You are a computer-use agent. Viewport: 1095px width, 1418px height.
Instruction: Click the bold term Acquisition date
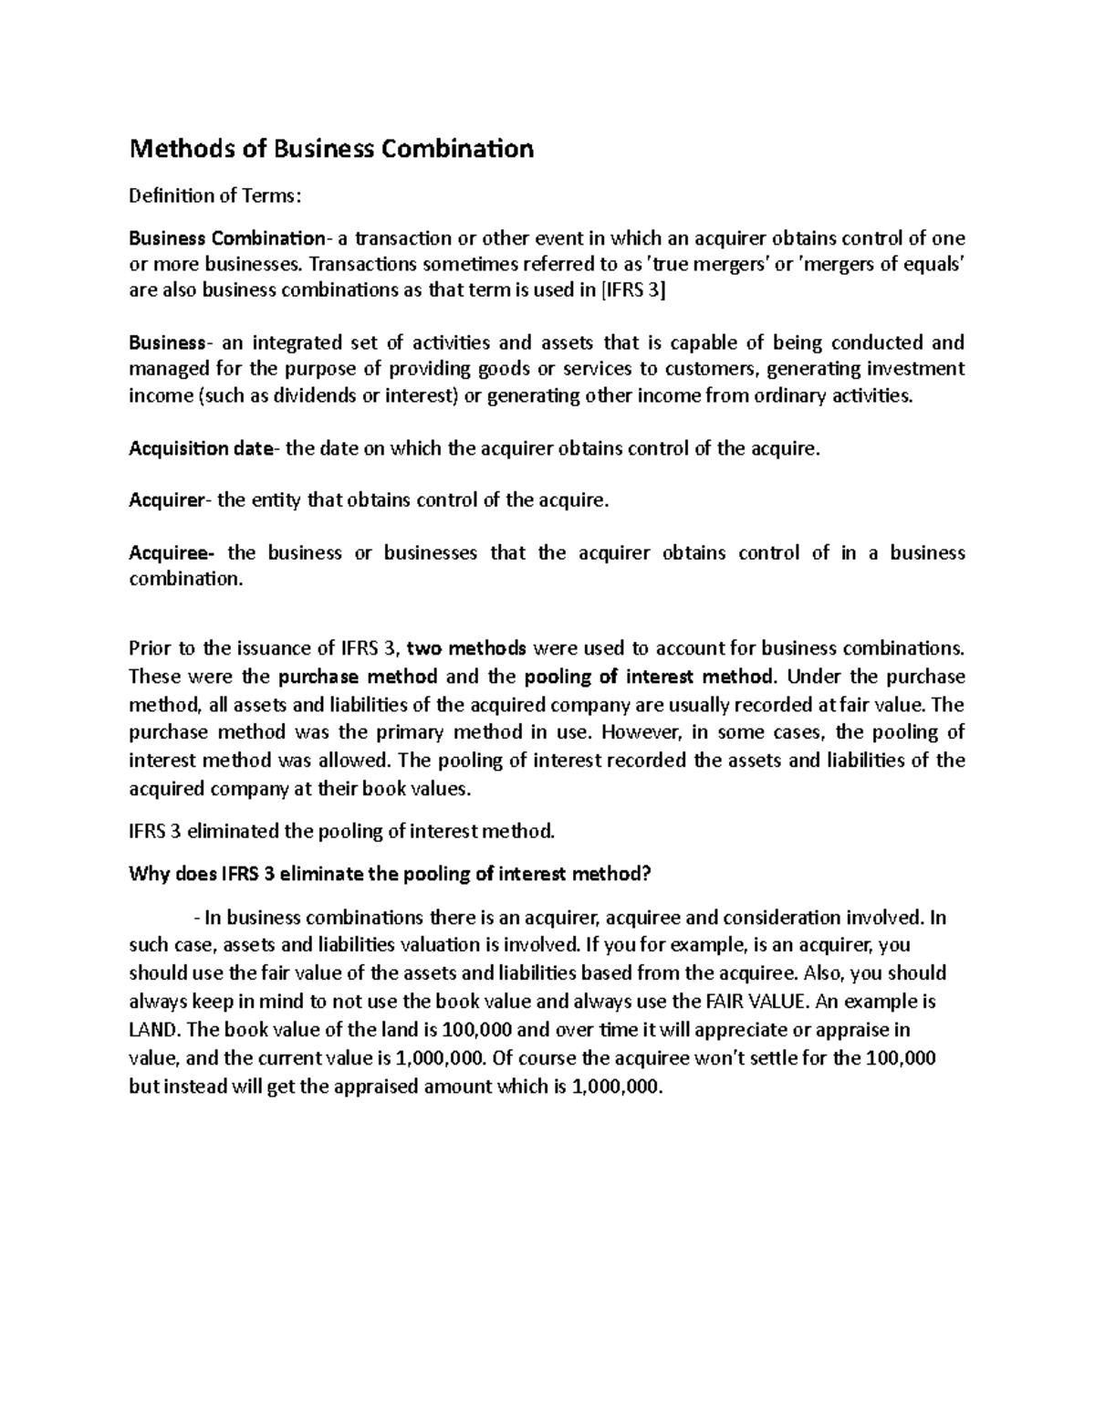[x=201, y=448]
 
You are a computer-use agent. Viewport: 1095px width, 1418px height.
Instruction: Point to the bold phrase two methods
[x=466, y=648]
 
